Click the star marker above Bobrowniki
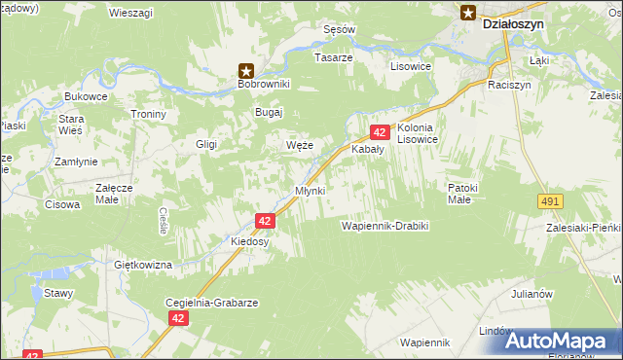[x=247, y=70]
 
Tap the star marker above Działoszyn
[x=468, y=13]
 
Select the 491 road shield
[x=550, y=200]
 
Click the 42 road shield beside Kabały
[x=380, y=131]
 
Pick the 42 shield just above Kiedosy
[x=265, y=221]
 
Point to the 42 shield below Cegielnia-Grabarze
[x=177, y=318]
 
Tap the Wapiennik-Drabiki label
[x=385, y=226]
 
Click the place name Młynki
[x=310, y=190]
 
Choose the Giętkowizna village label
[x=143, y=265]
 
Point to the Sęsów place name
[x=339, y=29]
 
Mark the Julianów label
[x=531, y=294]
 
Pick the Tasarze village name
[x=333, y=57]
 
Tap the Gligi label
[x=205, y=144]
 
